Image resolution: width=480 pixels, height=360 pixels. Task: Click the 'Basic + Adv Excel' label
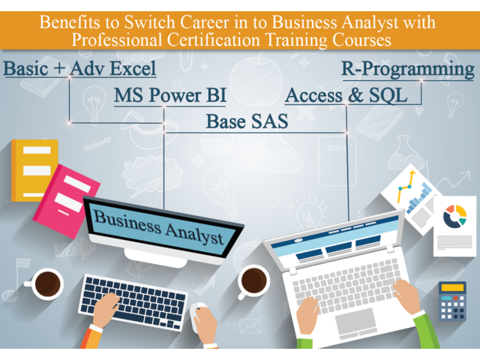(79, 68)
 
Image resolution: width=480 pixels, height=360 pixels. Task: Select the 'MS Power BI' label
(170, 95)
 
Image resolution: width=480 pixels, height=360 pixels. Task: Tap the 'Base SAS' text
(247, 121)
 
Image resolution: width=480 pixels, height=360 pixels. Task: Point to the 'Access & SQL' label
(346, 95)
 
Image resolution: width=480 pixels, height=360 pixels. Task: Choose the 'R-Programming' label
(408, 68)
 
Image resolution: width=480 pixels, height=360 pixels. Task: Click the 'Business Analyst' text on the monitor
(158, 226)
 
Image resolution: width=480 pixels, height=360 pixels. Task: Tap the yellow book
(34, 170)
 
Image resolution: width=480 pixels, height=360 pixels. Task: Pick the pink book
(67, 201)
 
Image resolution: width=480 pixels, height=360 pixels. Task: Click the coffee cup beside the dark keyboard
(46, 283)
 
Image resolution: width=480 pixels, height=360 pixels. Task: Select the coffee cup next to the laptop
(253, 281)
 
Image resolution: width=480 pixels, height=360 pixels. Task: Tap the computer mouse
(199, 315)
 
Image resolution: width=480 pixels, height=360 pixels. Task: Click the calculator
(452, 301)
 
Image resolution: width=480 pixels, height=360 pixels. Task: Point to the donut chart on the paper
(454, 217)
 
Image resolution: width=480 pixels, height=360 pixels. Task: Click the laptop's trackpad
(355, 322)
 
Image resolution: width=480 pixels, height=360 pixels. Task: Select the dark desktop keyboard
(133, 301)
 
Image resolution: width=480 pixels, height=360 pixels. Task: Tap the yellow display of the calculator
(452, 287)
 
